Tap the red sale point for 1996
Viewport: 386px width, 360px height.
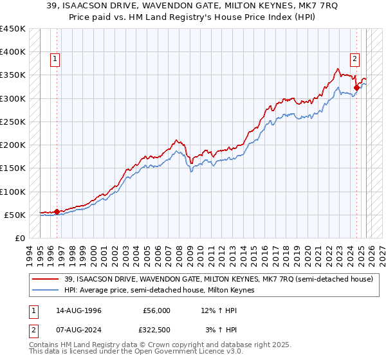pos(57,212)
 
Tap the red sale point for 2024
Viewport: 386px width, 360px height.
pos(356,87)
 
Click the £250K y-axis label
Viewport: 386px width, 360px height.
pos(12,122)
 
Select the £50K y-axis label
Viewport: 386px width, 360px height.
pos(15,215)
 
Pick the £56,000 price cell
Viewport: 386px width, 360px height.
pos(156,310)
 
